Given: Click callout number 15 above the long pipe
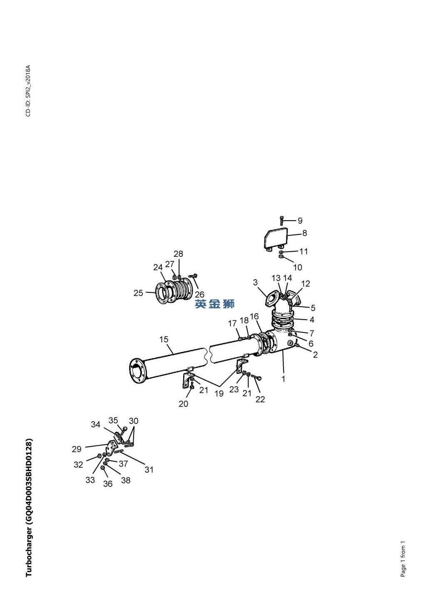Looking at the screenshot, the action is click(164, 339).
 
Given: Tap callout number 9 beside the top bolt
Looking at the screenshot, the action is click(300, 221).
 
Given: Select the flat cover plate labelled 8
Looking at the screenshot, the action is click(276, 238).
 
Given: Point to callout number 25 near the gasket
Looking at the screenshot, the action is click(138, 293).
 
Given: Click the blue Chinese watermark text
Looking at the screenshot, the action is click(214, 304).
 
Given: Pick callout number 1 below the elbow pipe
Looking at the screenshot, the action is click(283, 379).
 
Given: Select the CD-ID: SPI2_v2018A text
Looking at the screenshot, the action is click(28, 91).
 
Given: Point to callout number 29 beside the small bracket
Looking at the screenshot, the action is click(77, 449).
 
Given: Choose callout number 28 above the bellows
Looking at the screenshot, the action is click(178, 254).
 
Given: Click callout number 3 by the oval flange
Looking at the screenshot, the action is click(255, 282).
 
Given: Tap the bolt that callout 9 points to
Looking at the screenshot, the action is click(281, 221).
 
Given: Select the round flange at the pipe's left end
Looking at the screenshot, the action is click(138, 371).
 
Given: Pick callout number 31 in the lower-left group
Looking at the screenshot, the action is click(149, 469).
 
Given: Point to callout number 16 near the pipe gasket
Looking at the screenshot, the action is click(254, 317).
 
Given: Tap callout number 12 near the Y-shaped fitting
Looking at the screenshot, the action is click(306, 284).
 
